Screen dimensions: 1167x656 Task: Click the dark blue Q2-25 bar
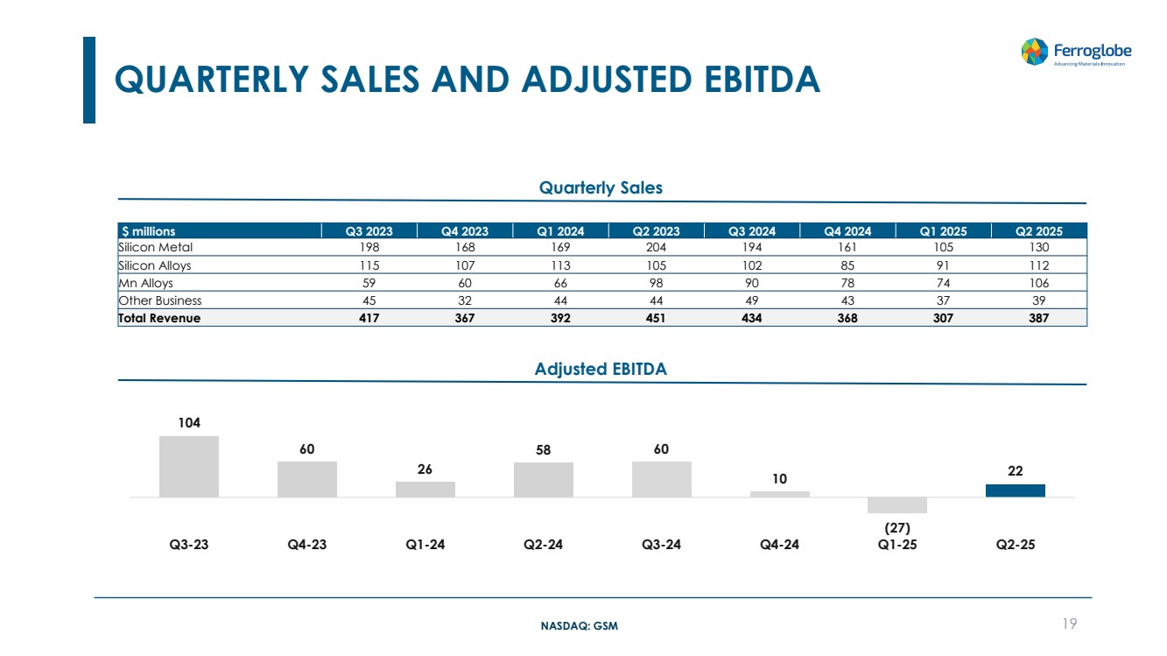tap(1015, 490)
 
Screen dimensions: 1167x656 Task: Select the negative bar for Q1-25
tap(897, 505)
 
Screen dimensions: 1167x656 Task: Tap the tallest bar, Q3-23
tap(188, 466)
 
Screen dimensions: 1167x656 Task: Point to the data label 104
tap(189, 422)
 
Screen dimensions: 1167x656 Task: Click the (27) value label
tap(897, 528)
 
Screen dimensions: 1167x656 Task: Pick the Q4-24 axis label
tap(779, 545)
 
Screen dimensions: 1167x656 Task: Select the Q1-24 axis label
tap(425, 545)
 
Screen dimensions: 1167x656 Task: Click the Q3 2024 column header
tap(752, 231)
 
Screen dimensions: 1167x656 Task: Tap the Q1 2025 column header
tap(943, 231)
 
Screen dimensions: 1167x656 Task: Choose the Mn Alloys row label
tap(145, 283)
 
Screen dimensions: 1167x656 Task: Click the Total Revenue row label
tap(159, 318)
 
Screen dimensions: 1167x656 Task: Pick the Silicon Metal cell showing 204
tap(656, 247)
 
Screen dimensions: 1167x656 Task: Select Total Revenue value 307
tap(943, 318)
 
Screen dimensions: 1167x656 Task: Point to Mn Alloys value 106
tap(1039, 283)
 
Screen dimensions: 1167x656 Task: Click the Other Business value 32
tap(465, 300)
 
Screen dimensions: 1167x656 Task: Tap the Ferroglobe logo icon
tap(1034, 52)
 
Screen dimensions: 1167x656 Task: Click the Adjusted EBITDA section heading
tap(601, 369)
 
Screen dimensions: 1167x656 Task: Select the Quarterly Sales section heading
tap(601, 187)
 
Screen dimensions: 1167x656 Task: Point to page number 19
tap(1070, 624)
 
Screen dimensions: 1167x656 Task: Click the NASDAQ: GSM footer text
tap(580, 625)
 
